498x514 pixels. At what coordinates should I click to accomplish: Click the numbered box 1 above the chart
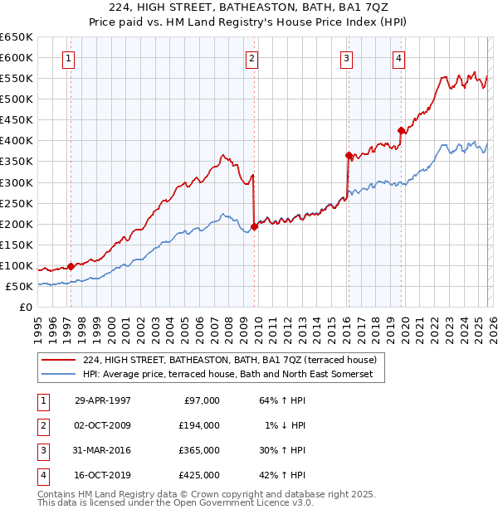(x=67, y=58)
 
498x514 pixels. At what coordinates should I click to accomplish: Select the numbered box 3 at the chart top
(x=346, y=58)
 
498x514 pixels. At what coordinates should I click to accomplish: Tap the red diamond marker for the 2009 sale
(x=254, y=226)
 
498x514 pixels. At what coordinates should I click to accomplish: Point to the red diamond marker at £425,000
(x=402, y=130)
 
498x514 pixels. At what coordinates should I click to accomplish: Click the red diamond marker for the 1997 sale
(x=71, y=266)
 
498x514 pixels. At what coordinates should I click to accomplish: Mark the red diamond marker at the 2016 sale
(x=349, y=155)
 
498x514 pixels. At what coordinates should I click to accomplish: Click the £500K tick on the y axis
(x=17, y=99)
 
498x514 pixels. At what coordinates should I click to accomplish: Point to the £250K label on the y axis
(x=17, y=203)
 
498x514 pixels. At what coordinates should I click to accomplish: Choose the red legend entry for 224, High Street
(x=229, y=360)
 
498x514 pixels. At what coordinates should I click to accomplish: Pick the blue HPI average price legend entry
(x=227, y=375)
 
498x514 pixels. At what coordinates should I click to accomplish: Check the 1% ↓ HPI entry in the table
(x=286, y=425)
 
